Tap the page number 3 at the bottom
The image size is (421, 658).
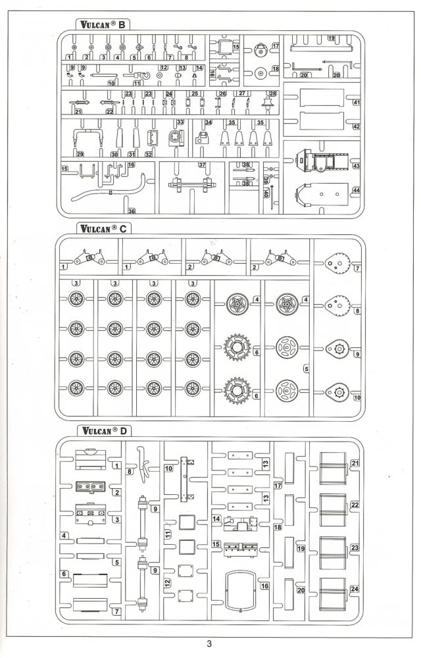coord(209,644)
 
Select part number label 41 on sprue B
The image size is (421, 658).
coord(356,103)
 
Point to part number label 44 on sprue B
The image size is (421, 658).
coord(356,190)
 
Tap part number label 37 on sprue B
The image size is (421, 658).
coord(202,164)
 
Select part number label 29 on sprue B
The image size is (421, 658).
coord(80,154)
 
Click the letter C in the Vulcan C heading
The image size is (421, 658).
coord(123,228)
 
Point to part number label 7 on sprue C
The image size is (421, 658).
coord(357,268)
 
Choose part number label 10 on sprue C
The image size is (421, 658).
coord(357,398)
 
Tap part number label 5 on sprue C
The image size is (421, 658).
coord(305,369)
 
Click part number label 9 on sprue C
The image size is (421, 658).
coord(357,355)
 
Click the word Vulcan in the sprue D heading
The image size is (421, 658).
coord(95,431)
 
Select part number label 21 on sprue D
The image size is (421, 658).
coord(355,464)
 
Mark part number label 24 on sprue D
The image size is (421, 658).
coord(355,589)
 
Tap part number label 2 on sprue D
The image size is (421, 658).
coord(116,492)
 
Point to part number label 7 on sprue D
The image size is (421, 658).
coord(116,612)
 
